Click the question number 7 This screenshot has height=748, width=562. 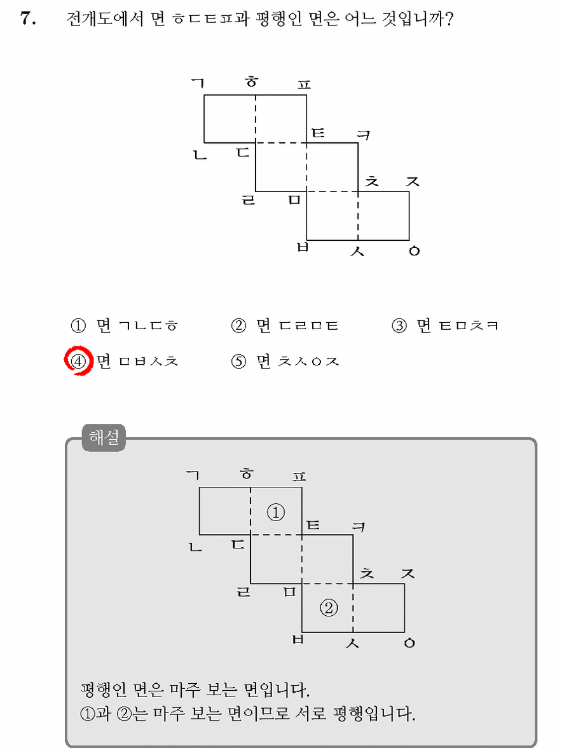pos(28,18)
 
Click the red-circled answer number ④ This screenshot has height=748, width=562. pos(78,361)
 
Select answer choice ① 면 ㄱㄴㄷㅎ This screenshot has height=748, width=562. pos(125,326)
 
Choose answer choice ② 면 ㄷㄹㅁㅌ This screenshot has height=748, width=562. pos(285,326)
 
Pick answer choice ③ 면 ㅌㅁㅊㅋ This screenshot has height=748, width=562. pos(445,326)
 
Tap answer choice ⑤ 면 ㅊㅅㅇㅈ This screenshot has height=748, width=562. pos(285,362)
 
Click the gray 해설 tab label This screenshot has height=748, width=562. pos(104,437)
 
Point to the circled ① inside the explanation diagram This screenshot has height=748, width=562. pos(276,512)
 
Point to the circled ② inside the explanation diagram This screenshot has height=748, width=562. pos(329,608)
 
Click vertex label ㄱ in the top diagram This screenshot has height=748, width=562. pos(198,83)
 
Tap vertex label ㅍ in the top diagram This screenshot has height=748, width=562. pos(304,85)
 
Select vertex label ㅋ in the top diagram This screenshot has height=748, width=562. pos(364,135)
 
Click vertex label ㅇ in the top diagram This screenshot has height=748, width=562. pos(414,251)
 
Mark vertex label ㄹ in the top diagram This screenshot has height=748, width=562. pos(249,200)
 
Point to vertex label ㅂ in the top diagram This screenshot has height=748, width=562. pos(303,247)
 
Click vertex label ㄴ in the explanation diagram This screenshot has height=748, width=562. pos(195,547)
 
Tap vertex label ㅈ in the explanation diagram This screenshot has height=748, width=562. pos(408,573)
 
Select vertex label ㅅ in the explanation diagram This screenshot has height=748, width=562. pos(352,643)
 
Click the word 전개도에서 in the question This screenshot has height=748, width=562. pos(104,19)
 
